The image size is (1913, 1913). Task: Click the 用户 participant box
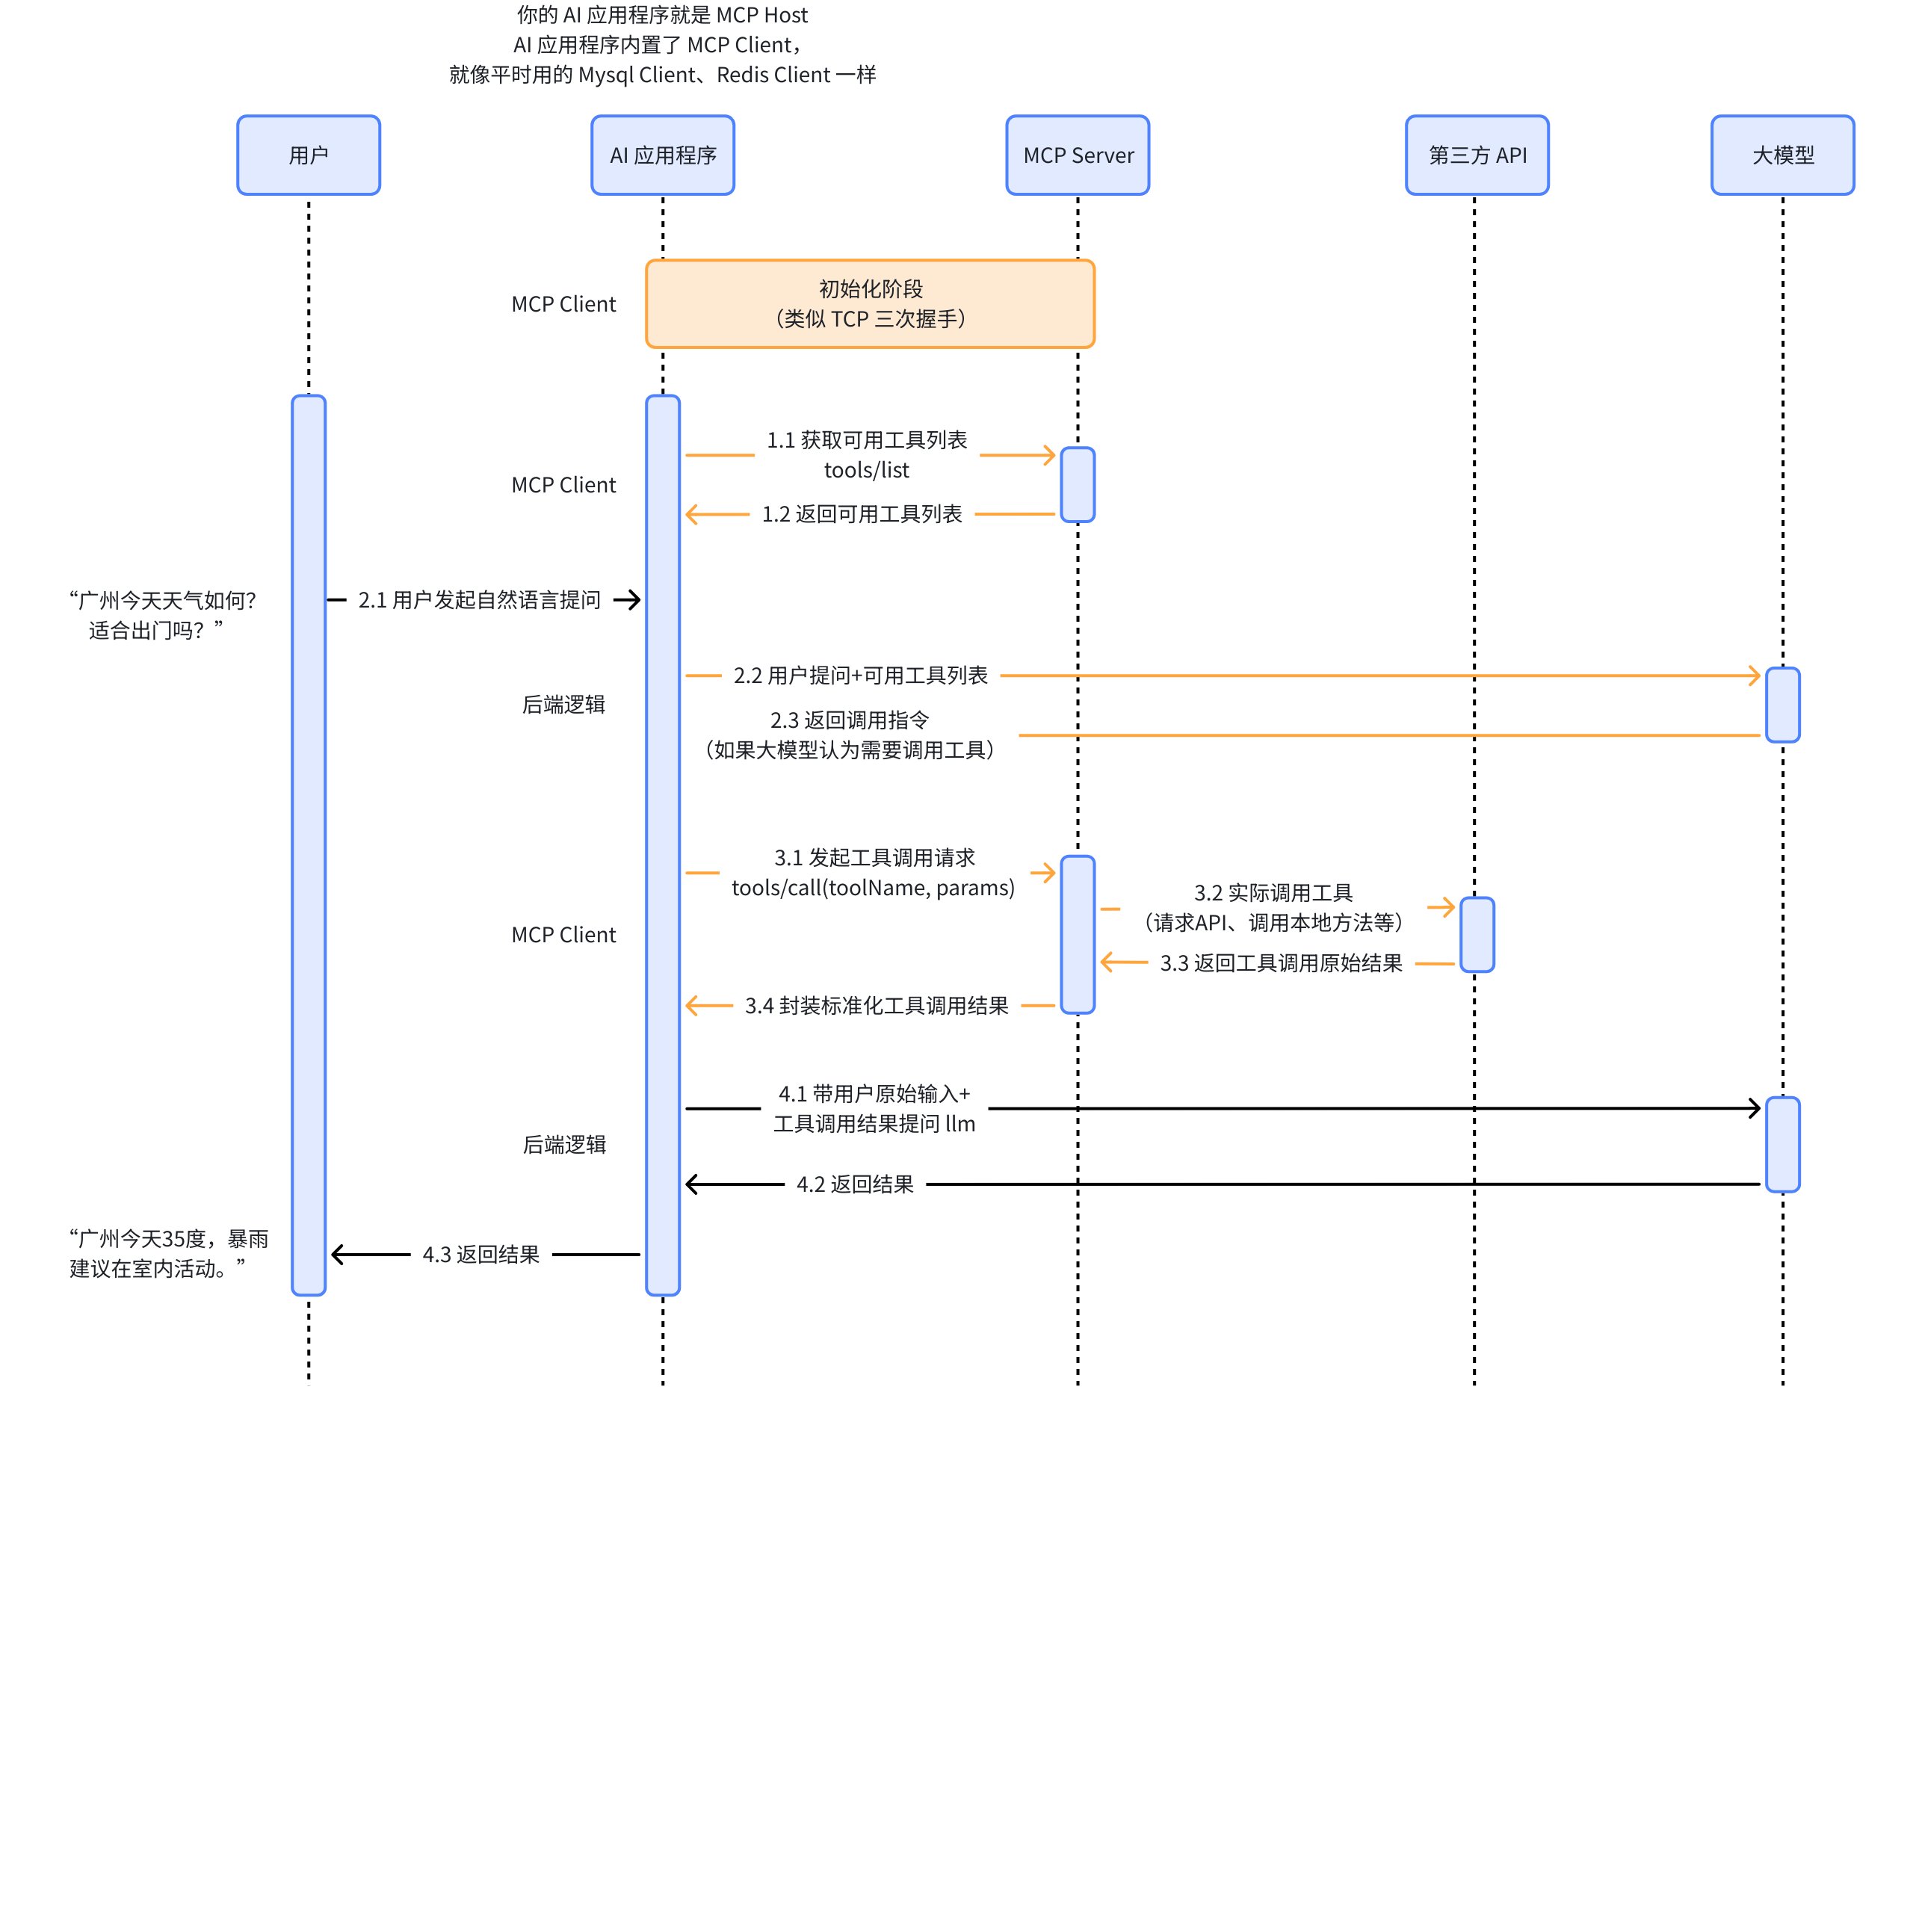(308, 155)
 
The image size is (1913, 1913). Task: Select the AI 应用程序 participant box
(662, 155)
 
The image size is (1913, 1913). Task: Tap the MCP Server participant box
(1078, 155)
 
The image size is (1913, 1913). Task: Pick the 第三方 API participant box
(1477, 155)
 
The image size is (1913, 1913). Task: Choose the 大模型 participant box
(1782, 155)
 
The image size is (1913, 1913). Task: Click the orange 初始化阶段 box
(869, 304)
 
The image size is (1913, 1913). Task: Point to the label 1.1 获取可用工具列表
(866, 439)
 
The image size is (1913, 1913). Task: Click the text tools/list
(866, 470)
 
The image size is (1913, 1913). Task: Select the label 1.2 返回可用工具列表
(862, 515)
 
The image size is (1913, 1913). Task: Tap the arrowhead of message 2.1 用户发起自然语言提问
(631, 600)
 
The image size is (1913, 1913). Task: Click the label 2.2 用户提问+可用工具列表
(860, 676)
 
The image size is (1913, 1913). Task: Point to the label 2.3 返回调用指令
(850, 720)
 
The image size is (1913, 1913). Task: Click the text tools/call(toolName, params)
(872, 888)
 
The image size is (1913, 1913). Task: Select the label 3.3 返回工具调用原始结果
(1280, 963)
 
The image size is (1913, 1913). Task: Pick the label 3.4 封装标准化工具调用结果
(877, 1006)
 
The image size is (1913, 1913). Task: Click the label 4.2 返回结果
(855, 1184)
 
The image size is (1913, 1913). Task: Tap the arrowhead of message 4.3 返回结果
(339, 1255)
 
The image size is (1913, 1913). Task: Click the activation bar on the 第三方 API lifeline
(1477, 935)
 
